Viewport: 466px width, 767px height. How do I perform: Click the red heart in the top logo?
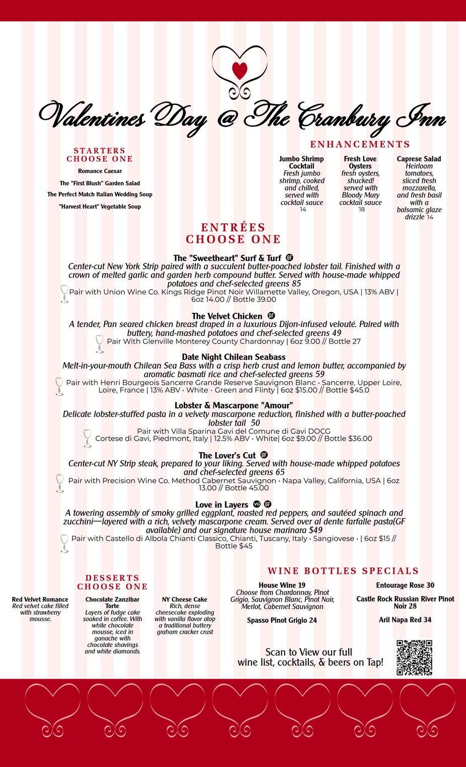240,70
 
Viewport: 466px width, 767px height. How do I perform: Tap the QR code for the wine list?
414,657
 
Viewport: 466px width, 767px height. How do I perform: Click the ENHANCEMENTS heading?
360,144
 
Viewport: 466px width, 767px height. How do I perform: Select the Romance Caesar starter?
100,171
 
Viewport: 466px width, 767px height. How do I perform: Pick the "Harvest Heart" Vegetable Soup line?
100,206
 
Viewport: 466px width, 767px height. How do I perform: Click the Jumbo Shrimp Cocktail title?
301,162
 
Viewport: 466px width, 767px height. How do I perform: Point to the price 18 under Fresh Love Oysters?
361,210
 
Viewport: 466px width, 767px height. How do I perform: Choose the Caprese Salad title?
419,159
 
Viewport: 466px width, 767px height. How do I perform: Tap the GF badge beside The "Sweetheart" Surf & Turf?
289,258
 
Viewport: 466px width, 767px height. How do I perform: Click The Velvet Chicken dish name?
227,316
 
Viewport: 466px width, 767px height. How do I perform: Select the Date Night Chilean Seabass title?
234,357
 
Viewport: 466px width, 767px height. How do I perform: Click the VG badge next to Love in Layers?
257,504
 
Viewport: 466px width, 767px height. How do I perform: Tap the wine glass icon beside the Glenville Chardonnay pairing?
100,344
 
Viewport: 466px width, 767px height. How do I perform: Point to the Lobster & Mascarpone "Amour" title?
234,405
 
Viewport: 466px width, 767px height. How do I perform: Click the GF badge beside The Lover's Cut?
264,455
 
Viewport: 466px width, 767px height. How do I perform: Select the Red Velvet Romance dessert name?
40,600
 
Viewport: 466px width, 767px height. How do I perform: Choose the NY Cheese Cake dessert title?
185,600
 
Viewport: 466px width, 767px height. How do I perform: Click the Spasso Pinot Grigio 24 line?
282,620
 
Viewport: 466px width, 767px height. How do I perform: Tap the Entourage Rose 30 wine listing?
405,585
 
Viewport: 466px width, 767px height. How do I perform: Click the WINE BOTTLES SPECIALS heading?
343,571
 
